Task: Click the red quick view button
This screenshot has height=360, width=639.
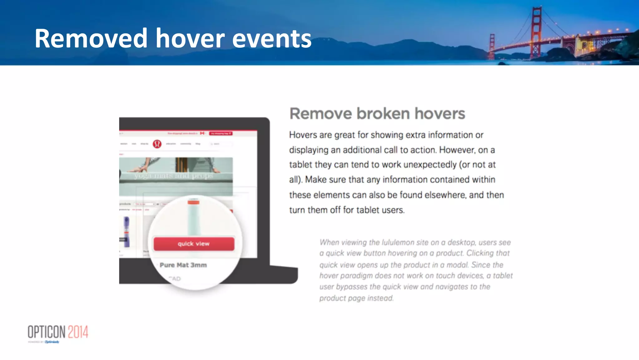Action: point(194,244)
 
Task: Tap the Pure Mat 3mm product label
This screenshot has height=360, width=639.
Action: point(183,265)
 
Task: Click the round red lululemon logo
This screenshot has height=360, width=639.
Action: point(157,144)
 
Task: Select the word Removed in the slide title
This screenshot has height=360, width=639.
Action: point(91,38)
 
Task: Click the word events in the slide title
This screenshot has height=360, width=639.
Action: point(272,39)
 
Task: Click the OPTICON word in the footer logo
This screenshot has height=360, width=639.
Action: point(46,332)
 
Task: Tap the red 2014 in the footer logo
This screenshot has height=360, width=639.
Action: point(78,332)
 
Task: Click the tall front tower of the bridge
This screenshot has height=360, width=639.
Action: point(536,31)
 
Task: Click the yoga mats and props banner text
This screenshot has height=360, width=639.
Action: point(173,176)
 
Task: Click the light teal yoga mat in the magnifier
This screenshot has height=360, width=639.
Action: point(194,219)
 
